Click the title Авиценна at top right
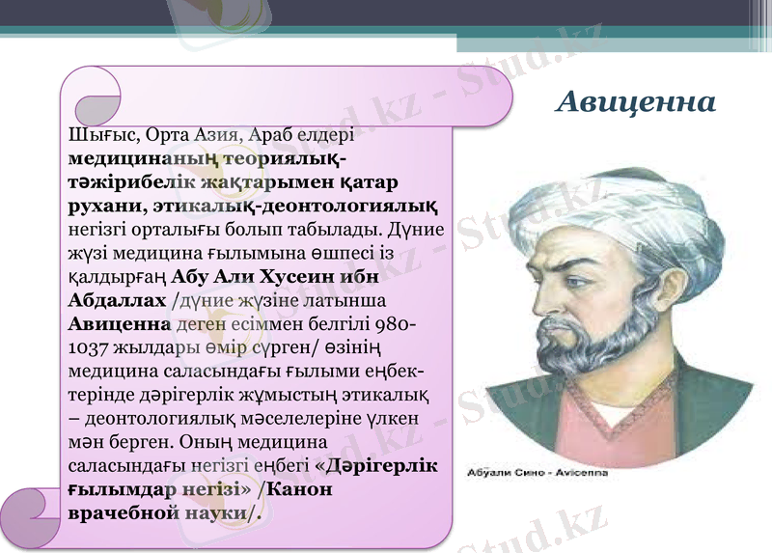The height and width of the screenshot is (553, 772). [636, 100]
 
